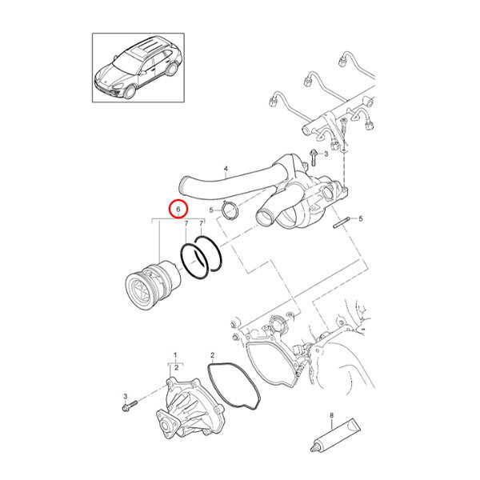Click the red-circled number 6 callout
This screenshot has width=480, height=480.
pos(178,209)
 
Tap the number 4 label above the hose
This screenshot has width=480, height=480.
pos(226,169)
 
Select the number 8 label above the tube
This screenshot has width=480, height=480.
pos(331,415)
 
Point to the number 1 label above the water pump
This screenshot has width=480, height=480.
pos(175,355)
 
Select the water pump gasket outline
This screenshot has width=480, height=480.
pos(234,386)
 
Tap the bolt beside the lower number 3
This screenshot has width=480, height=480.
pos(130,406)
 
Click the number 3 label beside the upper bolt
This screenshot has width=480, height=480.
pos(326,154)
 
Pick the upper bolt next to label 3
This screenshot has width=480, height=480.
pos(313,158)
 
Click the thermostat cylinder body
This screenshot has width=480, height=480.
pos(153,284)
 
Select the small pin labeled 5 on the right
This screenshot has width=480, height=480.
pos(341,222)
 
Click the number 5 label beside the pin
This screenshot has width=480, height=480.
pos(360,218)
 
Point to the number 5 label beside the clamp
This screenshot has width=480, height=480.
pos(211,210)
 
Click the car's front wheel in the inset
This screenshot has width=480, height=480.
pos(130,91)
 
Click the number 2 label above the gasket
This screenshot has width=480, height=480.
pos(213,355)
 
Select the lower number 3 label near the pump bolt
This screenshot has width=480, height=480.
pos(126,397)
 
